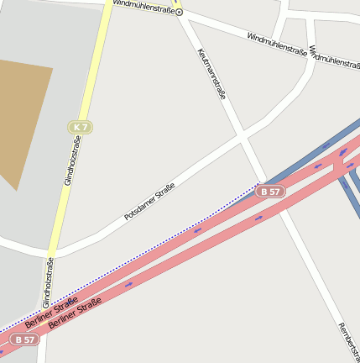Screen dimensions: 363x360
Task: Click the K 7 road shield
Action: (80, 127)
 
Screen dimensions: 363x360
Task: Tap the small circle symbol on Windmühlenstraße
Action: (179, 13)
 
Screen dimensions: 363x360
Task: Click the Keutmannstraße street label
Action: (211, 74)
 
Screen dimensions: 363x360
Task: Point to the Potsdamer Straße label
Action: (149, 202)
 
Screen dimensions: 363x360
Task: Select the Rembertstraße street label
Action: (346, 340)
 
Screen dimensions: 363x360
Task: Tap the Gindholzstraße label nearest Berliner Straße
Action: (48, 282)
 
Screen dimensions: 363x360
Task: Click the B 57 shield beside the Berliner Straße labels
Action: (24, 339)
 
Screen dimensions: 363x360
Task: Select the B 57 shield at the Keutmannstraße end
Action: (271, 192)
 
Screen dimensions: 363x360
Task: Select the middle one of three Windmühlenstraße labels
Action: (276, 44)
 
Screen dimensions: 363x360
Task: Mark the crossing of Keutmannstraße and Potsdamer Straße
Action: (242, 135)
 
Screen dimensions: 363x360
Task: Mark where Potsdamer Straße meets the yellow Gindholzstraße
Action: (56, 250)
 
